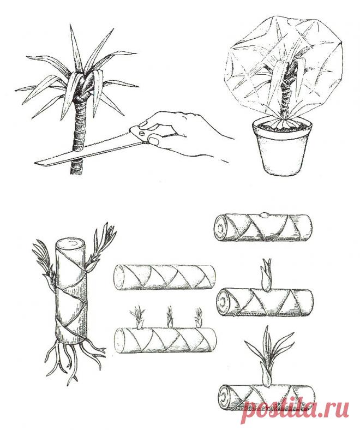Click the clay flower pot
(x=281, y=147)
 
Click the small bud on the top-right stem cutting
(x=264, y=215)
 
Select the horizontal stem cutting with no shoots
(x=165, y=277)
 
